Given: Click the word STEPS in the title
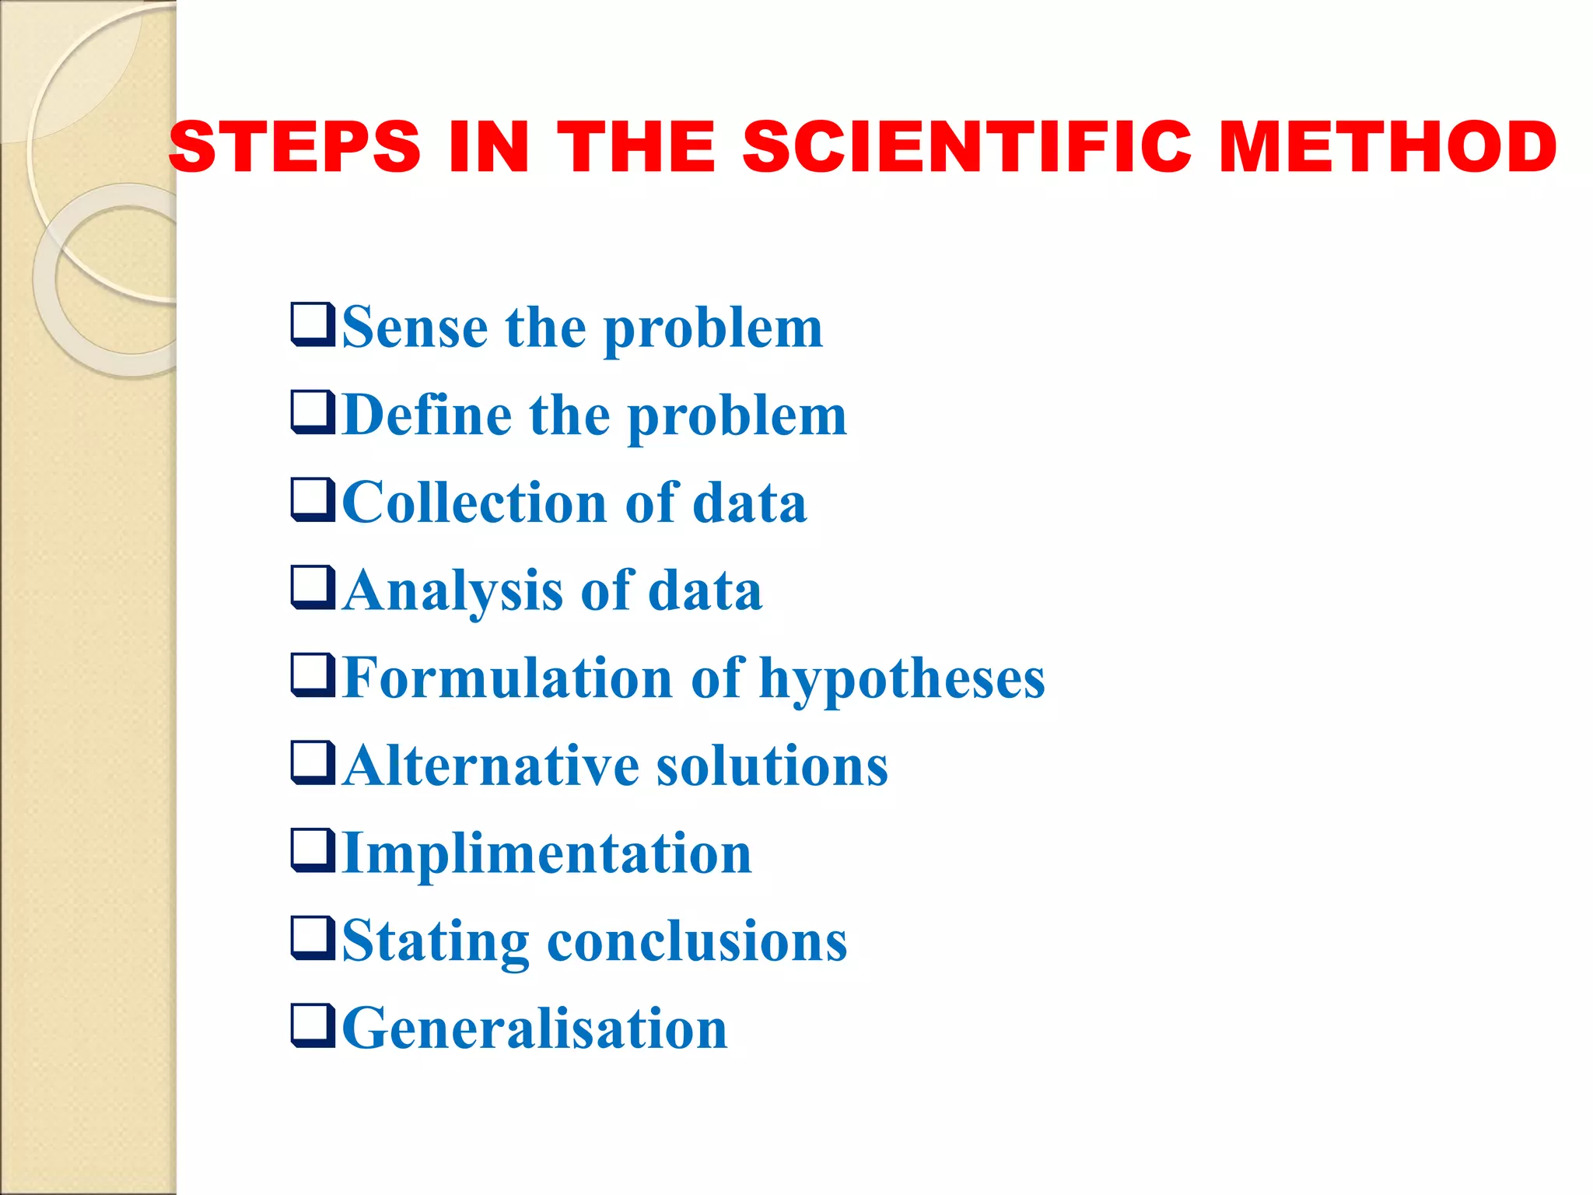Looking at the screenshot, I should click(x=295, y=147).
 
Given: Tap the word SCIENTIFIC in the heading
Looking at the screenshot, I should click(x=967, y=147).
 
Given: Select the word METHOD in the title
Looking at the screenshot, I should click(x=1387, y=147).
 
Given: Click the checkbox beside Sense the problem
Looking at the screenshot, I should click(x=313, y=324).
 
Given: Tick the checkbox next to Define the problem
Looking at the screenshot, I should click(x=313, y=412).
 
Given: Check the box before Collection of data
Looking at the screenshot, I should click(x=313, y=499).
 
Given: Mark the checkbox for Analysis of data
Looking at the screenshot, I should click(x=313, y=587).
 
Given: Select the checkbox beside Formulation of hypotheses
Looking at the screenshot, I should click(x=313, y=675).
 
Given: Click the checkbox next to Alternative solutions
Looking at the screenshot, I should click(x=313, y=762).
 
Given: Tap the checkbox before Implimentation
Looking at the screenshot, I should click(x=313, y=850).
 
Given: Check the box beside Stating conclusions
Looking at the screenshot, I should click(x=313, y=937).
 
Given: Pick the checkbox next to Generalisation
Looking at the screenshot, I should click(x=313, y=1025).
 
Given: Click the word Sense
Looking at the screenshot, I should click(x=415, y=328).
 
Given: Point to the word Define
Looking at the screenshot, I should click(x=426, y=415).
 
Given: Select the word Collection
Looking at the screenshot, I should click(x=474, y=503).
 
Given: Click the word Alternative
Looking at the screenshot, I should click(x=490, y=766).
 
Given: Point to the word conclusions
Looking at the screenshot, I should click(x=697, y=942).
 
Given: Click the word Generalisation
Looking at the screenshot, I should click(x=534, y=1029).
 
